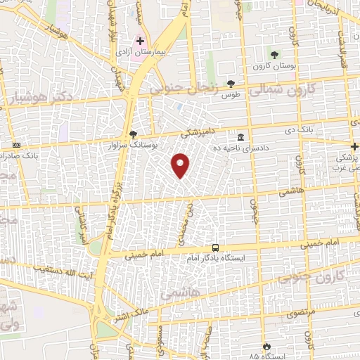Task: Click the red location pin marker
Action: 181,165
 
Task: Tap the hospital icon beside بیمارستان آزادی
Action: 141,41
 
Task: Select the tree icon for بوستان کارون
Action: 274,54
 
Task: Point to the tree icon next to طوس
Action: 231,83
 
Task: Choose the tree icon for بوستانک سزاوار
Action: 134,133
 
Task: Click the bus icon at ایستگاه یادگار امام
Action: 215,247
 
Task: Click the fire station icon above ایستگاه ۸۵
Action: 266,345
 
